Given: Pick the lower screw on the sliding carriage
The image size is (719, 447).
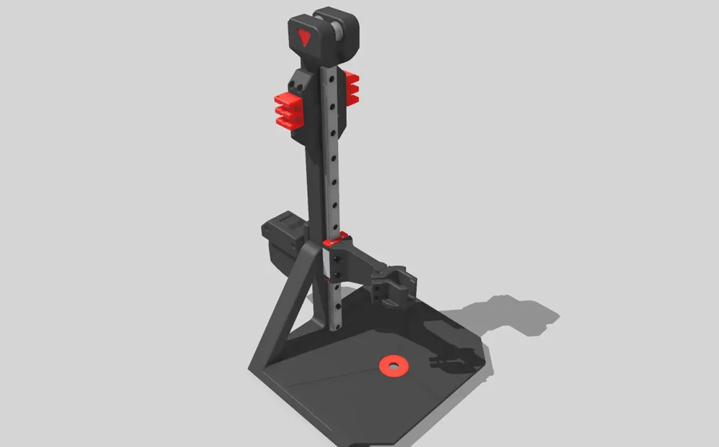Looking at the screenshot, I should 336,274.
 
